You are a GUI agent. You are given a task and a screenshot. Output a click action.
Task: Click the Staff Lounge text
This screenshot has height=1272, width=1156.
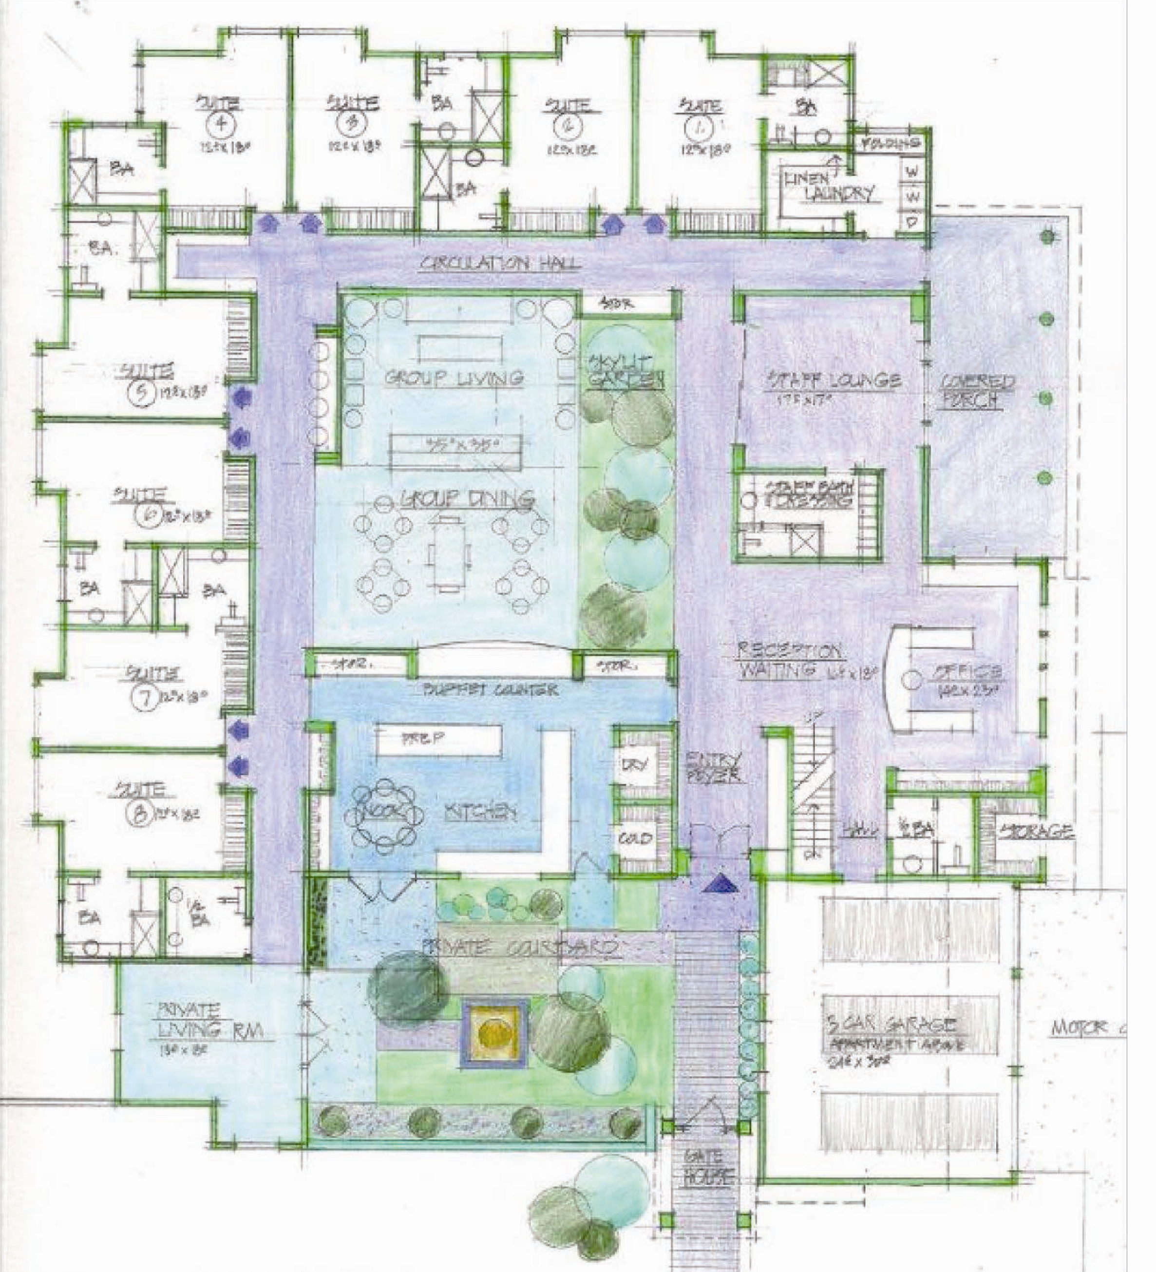[833, 380]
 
